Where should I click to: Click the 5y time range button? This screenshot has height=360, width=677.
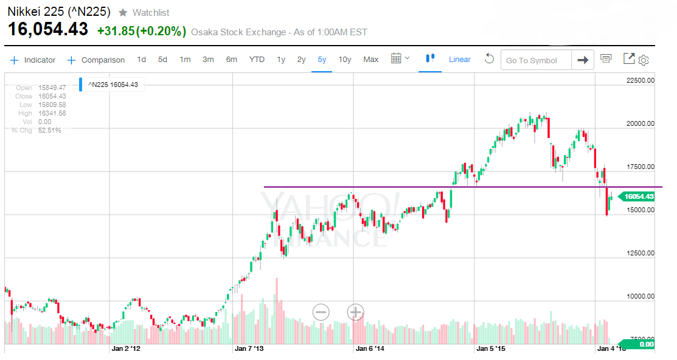tap(322, 60)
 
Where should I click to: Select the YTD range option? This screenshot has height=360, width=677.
tap(257, 60)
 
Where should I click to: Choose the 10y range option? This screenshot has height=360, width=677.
tap(345, 60)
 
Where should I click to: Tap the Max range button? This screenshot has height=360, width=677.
tap(371, 60)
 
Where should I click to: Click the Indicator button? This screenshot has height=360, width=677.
tap(33, 60)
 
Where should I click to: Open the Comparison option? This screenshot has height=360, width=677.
tap(96, 60)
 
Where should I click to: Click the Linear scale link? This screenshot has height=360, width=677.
tap(460, 60)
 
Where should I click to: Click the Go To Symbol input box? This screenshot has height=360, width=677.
tap(536, 60)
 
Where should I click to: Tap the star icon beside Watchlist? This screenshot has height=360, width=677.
tap(123, 13)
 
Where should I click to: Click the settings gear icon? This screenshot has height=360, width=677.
tap(644, 60)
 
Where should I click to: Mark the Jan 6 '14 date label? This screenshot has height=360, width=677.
tap(370, 349)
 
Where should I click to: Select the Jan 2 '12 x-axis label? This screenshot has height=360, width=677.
tap(126, 349)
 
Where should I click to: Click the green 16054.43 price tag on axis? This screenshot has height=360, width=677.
tap(638, 196)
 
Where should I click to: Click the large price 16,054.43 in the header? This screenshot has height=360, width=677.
tap(48, 29)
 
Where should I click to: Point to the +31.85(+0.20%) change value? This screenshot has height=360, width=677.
tap(141, 31)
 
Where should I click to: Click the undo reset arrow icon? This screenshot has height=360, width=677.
tap(489, 59)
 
